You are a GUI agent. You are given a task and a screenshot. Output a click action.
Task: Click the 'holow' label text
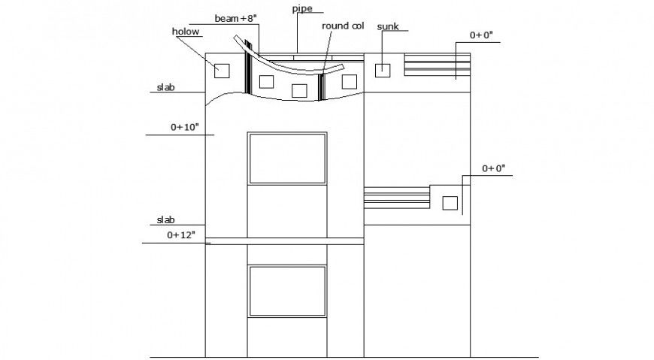coord(184,32)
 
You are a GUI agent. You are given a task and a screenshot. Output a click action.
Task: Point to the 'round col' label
coord(343,26)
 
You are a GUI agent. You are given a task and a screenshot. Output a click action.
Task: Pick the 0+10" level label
coord(184,128)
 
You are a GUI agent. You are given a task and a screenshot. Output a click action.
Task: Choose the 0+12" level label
coord(180,235)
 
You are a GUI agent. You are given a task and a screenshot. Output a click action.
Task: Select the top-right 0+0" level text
coord(483,35)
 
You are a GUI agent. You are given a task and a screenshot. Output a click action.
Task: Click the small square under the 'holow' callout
coord(221,71)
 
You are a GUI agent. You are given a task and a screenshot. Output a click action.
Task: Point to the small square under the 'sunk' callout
coord(383,70)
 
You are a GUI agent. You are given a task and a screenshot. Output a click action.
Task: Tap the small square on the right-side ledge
coord(450,202)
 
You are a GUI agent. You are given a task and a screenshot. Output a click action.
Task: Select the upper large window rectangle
coord(287,158)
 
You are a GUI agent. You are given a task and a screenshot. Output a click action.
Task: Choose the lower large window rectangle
coord(287,290)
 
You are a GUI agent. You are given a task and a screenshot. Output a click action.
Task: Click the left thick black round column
coord(248,73)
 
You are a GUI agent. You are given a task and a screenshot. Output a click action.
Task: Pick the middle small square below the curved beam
coord(299,91)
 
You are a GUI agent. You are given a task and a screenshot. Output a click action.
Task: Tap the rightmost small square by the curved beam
coord(349,81)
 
